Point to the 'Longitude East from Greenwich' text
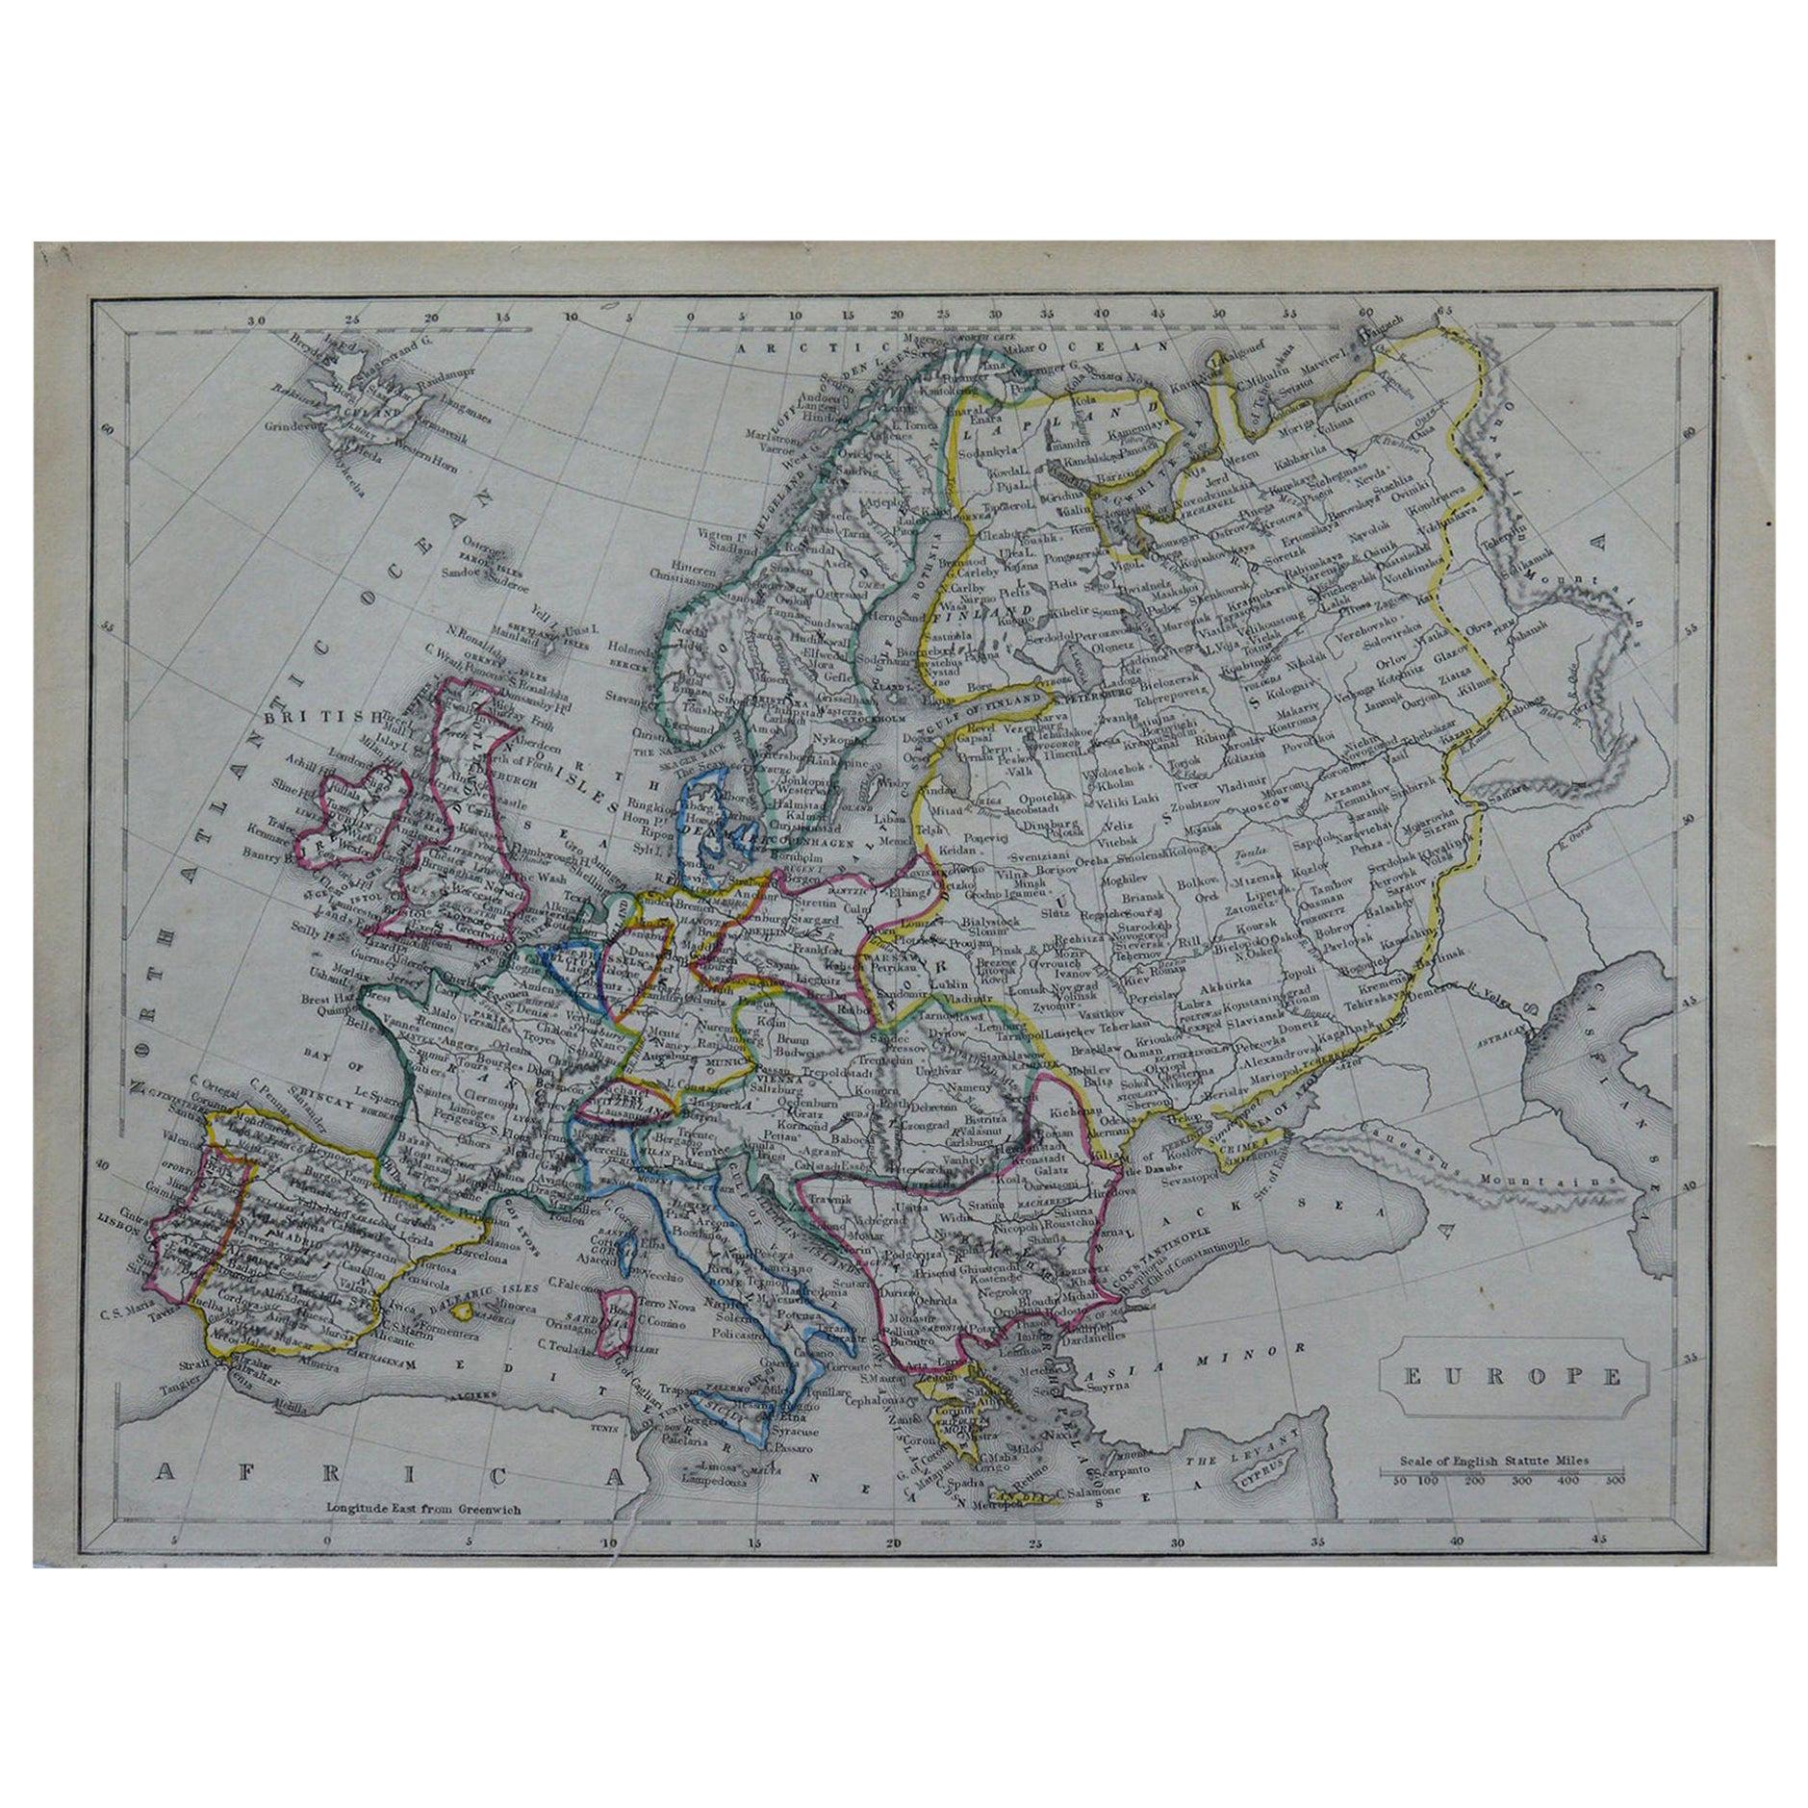(x=423, y=1537)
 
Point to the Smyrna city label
(x=1121, y=1390)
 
